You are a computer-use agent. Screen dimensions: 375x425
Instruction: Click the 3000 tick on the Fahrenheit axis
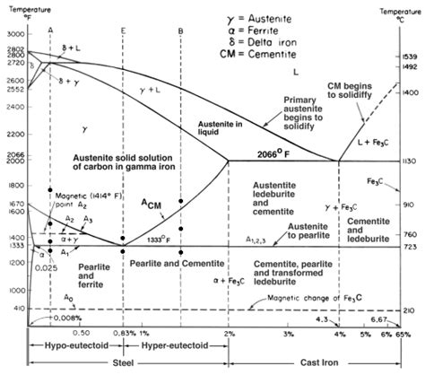coord(15,34)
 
